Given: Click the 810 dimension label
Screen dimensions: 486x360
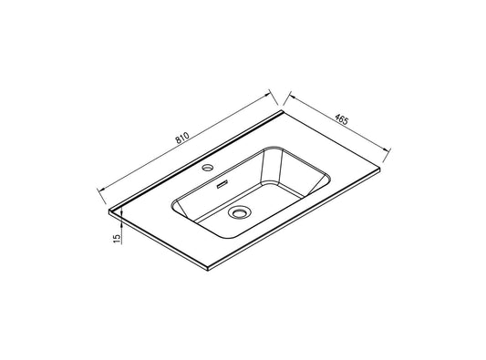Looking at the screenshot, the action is [182, 139].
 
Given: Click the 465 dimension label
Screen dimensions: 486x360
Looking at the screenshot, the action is [342, 119].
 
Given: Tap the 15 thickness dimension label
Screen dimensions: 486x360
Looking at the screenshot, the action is [117, 238].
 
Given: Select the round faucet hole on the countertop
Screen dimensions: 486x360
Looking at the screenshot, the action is [207, 168].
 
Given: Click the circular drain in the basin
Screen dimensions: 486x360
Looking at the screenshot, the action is [239, 212].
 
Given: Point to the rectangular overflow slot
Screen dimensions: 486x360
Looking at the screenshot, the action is [222, 184].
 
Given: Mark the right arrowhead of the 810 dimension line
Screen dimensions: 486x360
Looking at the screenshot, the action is [267, 95].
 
